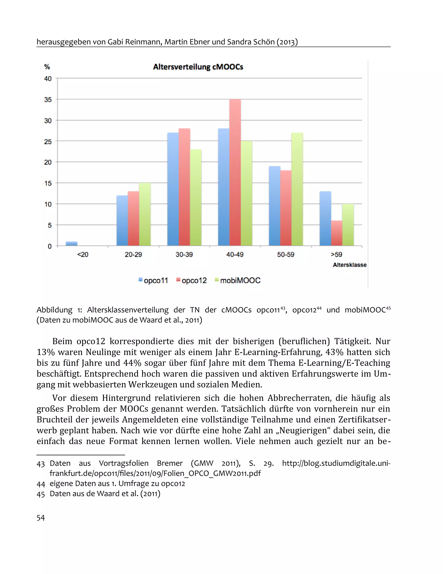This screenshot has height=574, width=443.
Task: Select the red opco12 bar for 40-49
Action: click(x=235, y=172)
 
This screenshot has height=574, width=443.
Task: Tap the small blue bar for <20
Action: click(x=71, y=244)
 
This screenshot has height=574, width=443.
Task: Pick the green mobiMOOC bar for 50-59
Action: click(x=297, y=189)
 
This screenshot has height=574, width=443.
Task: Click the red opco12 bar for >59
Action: click(x=337, y=233)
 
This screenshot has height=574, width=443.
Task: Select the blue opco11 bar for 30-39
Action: click(x=173, y=189)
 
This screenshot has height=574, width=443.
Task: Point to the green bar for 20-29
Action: click(x=145, y=214)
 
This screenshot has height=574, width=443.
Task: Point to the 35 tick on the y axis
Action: click(x=48, y=100)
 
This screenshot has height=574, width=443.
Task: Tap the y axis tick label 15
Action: click(x=48, y=183)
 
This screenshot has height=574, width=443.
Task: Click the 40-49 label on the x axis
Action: click(x=235, y=254)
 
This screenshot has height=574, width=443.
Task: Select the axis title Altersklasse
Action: click(x=349, y=265)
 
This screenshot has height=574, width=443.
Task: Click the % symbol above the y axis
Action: click(x=47, y=67)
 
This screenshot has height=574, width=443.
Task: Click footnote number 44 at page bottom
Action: click(x=41, y=484)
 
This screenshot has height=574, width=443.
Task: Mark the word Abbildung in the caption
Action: click(x=54, y=310)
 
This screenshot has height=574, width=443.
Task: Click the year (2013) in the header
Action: click(x=287, y=42)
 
